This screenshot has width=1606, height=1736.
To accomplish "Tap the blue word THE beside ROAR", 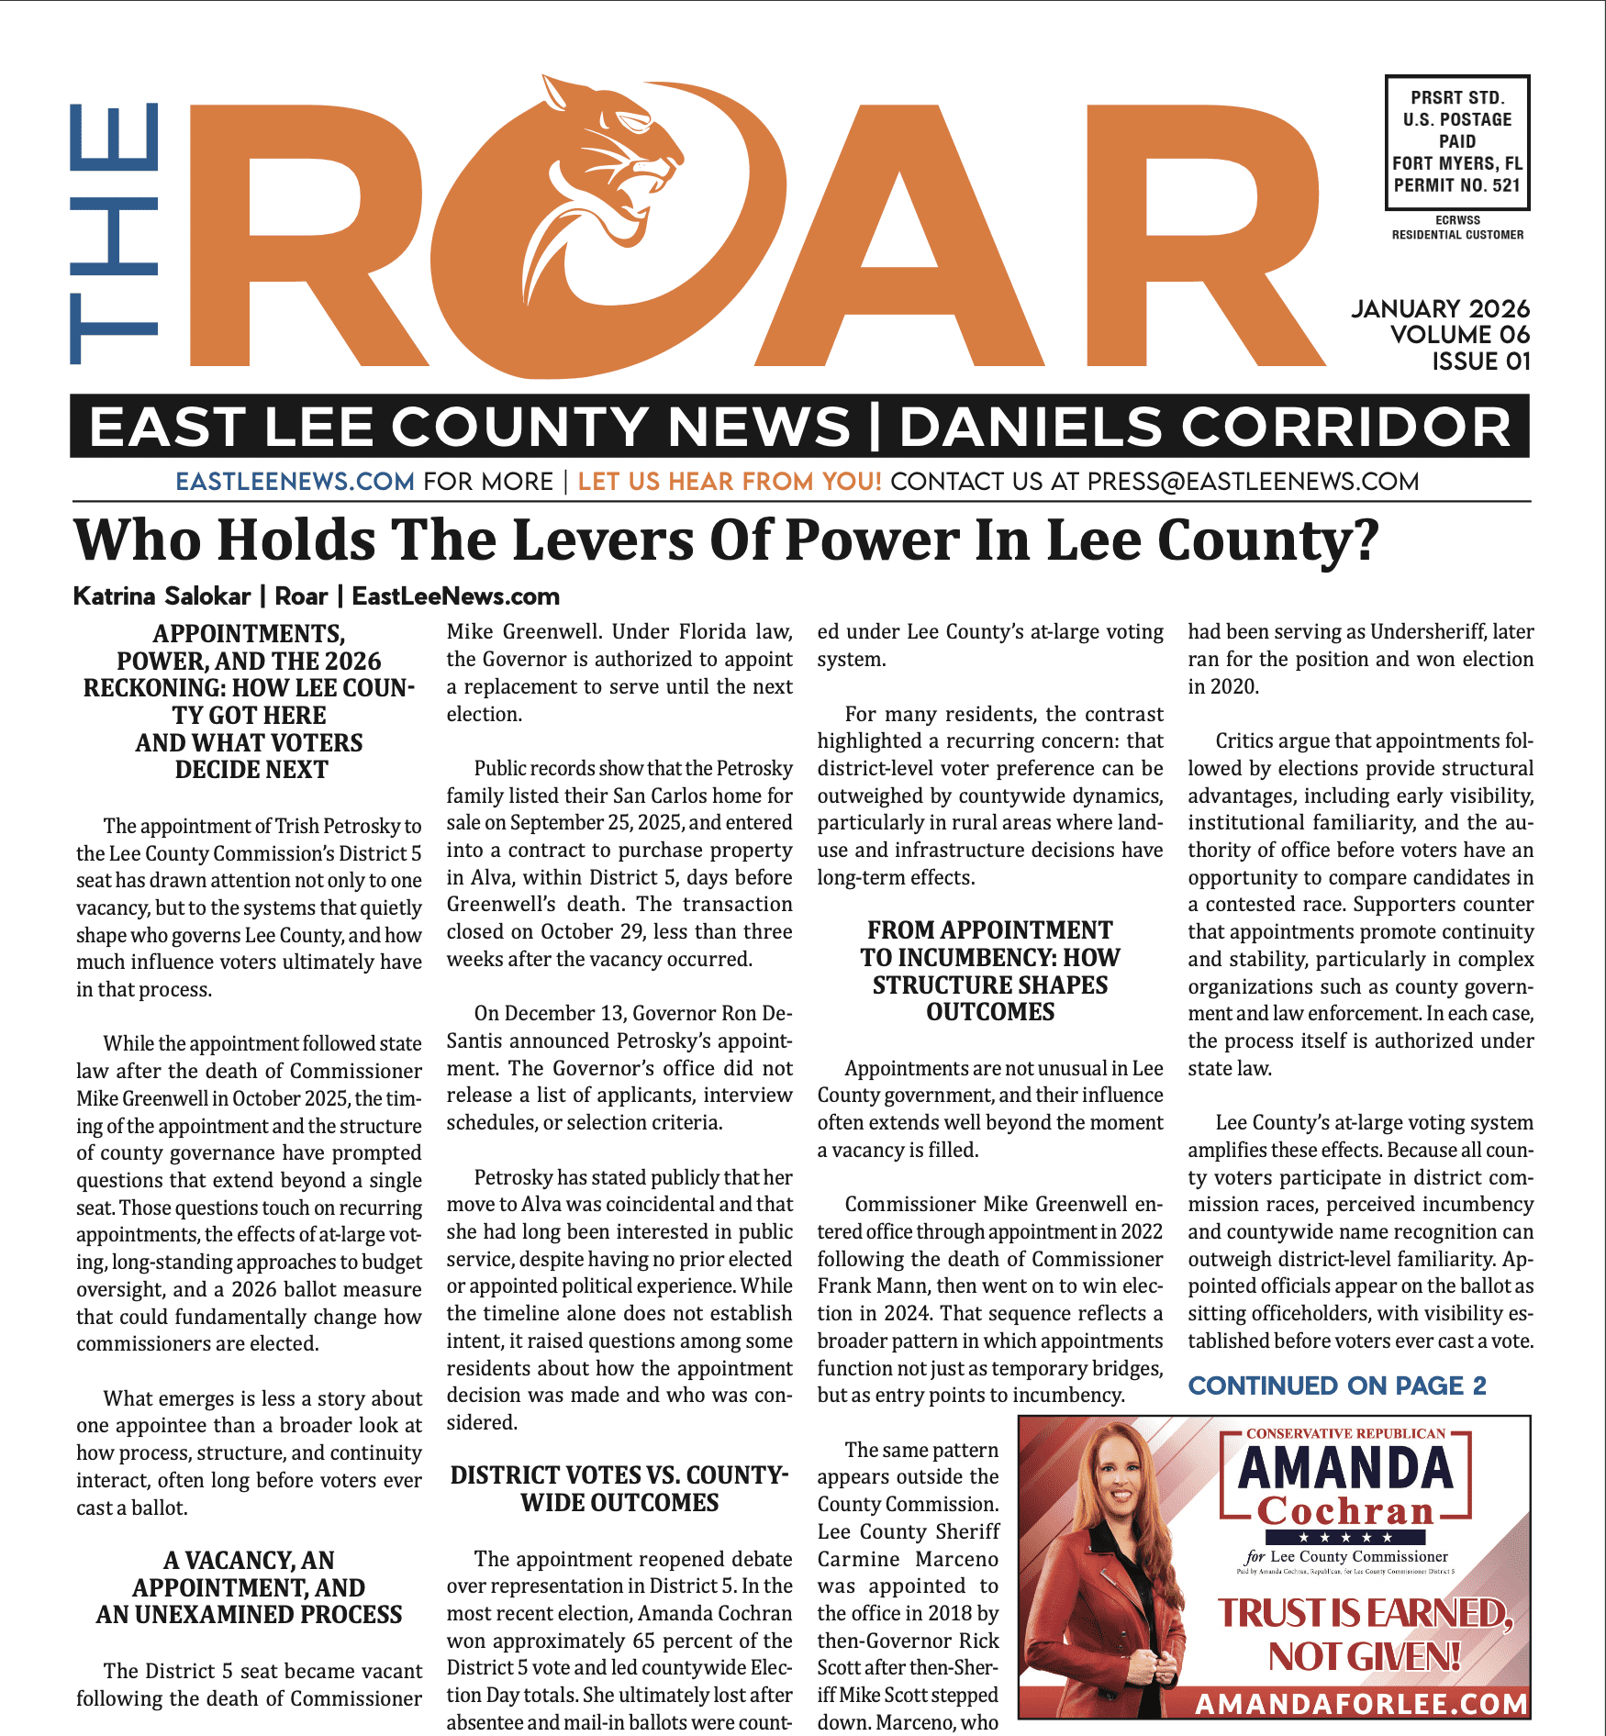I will click(115, 234).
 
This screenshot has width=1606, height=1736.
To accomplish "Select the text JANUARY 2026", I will click(1440, 308).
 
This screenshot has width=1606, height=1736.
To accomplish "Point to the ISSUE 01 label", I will click(1481, 362).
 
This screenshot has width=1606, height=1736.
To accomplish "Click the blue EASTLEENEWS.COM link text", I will click(295, 482).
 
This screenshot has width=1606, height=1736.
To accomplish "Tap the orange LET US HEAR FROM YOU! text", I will click(730, 482).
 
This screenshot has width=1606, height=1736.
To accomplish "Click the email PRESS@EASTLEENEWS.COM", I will click(1253, 482).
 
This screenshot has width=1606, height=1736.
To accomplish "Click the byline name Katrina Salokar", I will click(162, 596).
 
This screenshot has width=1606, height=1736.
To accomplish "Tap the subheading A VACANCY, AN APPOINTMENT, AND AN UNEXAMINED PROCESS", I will click(249, 1587).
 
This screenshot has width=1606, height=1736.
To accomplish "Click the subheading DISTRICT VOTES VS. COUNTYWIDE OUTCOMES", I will click(619, 1488).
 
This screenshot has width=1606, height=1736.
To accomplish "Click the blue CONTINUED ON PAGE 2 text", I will click(1336, 1385).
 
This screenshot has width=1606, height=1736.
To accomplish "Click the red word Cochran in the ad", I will click(1345, 1511).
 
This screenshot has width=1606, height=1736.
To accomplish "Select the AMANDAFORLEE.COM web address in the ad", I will click(1362, 1705).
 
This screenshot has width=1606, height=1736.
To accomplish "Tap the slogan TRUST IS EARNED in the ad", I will click(1364, 1613).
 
